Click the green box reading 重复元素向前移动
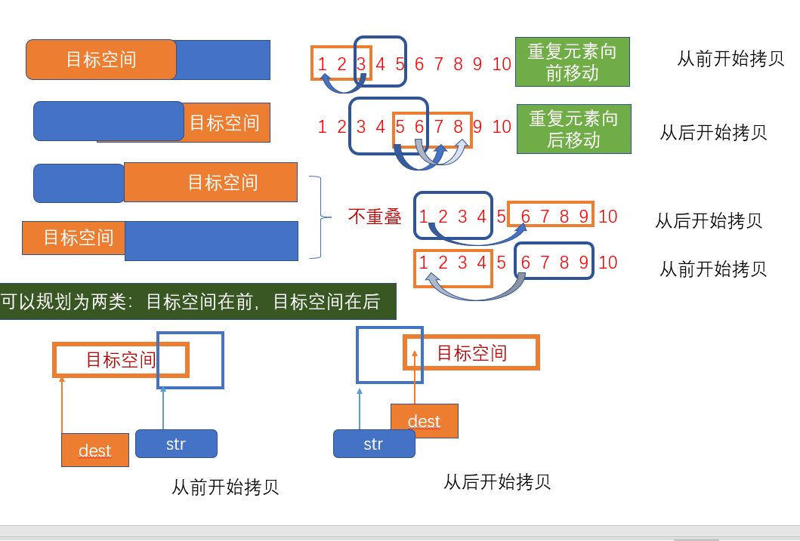(572, 62)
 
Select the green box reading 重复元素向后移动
(573, 129)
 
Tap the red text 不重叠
(375, 217)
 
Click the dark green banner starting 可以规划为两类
(197, 302)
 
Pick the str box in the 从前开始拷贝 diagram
(176, 444)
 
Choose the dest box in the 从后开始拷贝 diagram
(424, 421)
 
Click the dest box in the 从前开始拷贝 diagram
(95, 450)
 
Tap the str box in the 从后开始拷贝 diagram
(374, 444)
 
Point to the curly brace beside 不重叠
(320, 217)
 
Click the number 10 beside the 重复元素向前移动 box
(502, 64)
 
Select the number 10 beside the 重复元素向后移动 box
(502, 127)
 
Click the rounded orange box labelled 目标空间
(101, 60)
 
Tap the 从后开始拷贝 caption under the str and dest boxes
(497, 481)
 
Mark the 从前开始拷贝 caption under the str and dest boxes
(225, 487)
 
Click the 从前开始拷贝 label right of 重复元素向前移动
(730, 59)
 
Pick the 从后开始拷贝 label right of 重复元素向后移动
(713, 133)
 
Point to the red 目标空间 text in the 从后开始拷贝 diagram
(471, 352)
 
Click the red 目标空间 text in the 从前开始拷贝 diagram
(121, 359)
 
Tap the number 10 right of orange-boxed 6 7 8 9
(607, 217)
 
